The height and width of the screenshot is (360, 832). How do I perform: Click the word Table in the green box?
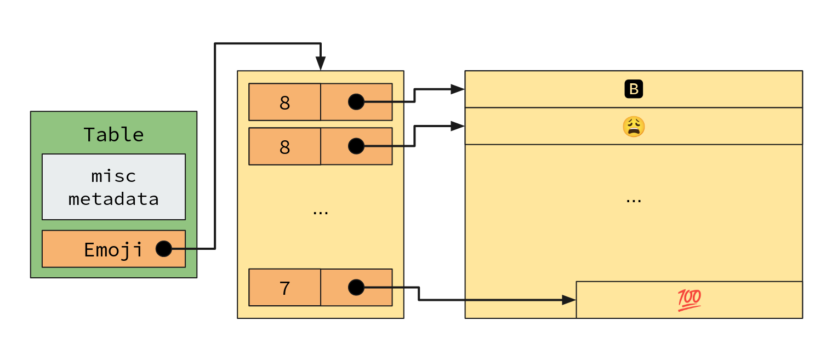pos(113,134)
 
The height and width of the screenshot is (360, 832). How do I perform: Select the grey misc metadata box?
pos(113,187)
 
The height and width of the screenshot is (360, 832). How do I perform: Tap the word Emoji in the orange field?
pos(113,250)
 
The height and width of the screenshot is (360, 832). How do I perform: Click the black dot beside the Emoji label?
pos(164,249)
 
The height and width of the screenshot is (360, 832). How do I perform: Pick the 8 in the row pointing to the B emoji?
pos(285,103)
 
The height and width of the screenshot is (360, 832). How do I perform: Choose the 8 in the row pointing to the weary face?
pos(285,147)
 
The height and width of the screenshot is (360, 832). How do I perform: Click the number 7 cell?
pos(285,288)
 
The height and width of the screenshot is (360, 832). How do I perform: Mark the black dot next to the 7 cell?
pos(356,288)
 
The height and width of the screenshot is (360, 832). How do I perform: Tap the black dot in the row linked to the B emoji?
pos(356,102)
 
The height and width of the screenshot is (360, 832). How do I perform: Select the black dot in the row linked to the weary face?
pos(356,146)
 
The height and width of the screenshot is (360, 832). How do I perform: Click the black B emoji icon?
pos(634,89)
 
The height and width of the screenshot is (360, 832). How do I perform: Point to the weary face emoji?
pos(634,127)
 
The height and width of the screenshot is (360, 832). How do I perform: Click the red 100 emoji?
pos(689,300)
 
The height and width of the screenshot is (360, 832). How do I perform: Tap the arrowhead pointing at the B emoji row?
pos(458,89)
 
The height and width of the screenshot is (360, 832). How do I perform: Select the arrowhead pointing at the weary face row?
pos(458,127)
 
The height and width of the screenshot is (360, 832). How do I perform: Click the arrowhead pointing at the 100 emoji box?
pos(569,300)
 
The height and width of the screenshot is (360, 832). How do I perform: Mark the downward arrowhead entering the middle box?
pos(321,64)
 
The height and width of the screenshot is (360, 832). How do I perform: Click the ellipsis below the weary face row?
pos(634,201)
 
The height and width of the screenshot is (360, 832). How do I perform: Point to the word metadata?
pos(113,199)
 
